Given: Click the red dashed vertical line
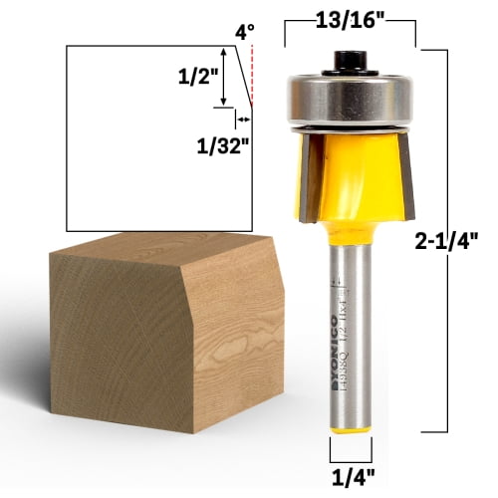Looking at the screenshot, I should pyautogui.click(x=251, y=75).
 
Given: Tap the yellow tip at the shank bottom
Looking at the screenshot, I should pyautogui.click(x=351, y=444).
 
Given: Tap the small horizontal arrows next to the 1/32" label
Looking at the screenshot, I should pyautogui.click(x=241, y=117).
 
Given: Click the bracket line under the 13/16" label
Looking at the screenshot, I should pyautogui.click(x=351, y=43).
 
